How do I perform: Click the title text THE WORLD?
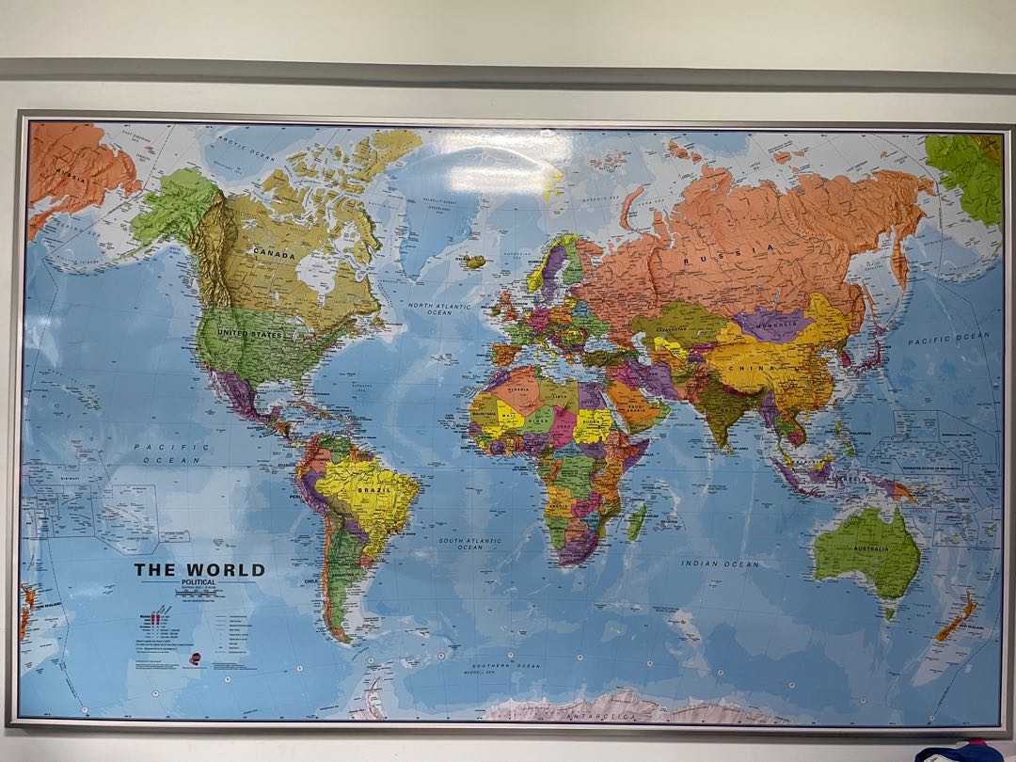(199, 570)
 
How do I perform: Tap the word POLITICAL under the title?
(198, 583)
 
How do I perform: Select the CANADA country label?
(273, 254)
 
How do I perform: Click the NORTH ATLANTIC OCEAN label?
(438, 309)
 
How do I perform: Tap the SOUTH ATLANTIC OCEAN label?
(470, 544)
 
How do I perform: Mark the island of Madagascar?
(637, 522)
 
